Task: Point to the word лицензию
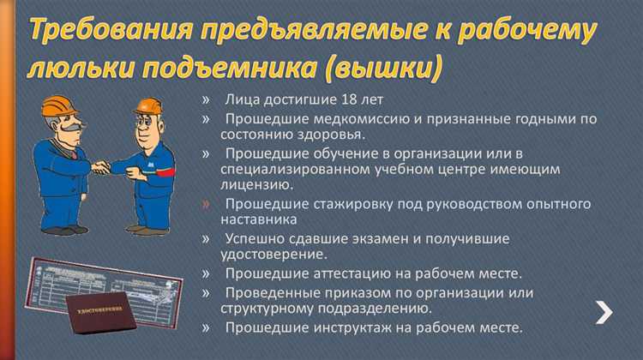point(256,184)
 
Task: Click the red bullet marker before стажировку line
point(206,204)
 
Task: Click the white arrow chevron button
point(605,314)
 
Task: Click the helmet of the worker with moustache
point(58,108)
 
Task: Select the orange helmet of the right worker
point(146,106)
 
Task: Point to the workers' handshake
point(105,166)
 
